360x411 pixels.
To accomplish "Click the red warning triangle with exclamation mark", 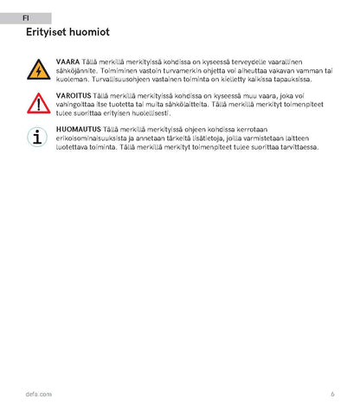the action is point(38,104).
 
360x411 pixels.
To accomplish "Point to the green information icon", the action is point(38,137).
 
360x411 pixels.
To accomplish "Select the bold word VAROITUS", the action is point(74,96).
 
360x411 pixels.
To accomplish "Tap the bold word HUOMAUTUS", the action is point(78,129).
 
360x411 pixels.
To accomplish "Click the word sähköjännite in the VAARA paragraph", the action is point(76,72).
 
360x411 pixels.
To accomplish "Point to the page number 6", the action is point(332,394).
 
